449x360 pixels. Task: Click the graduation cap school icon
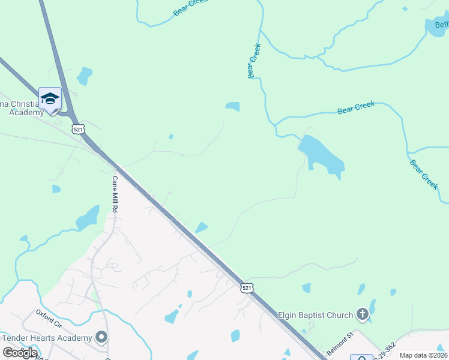coord(50,98)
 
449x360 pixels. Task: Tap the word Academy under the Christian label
coord(27,112)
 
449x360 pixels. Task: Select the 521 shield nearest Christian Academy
coord(77,129)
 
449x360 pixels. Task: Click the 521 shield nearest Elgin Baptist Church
coord(247,289)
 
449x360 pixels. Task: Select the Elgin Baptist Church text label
coord(315,314)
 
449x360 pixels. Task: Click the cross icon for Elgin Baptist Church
coord(362,314)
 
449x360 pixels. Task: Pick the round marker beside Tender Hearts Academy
coord(101,337)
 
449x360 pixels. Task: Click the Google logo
coord(20,353)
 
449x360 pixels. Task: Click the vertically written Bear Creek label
coord(253,61)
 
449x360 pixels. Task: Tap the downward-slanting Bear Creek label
coord(424,173)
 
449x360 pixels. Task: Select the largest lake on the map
coord(321,155)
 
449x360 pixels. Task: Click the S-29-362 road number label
coord(384,352)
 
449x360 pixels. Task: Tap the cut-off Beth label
coord(441,25)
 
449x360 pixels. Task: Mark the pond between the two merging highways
coord(84,76)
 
